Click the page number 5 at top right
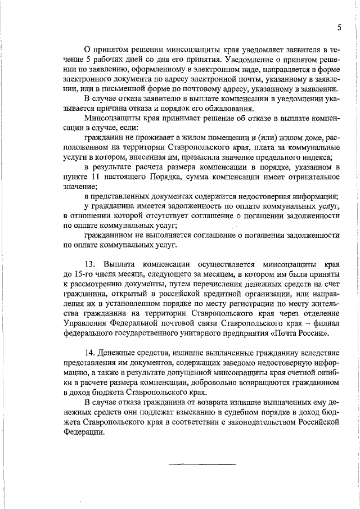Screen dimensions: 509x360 [339, 28]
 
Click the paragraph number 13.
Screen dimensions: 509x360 [90, 264]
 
